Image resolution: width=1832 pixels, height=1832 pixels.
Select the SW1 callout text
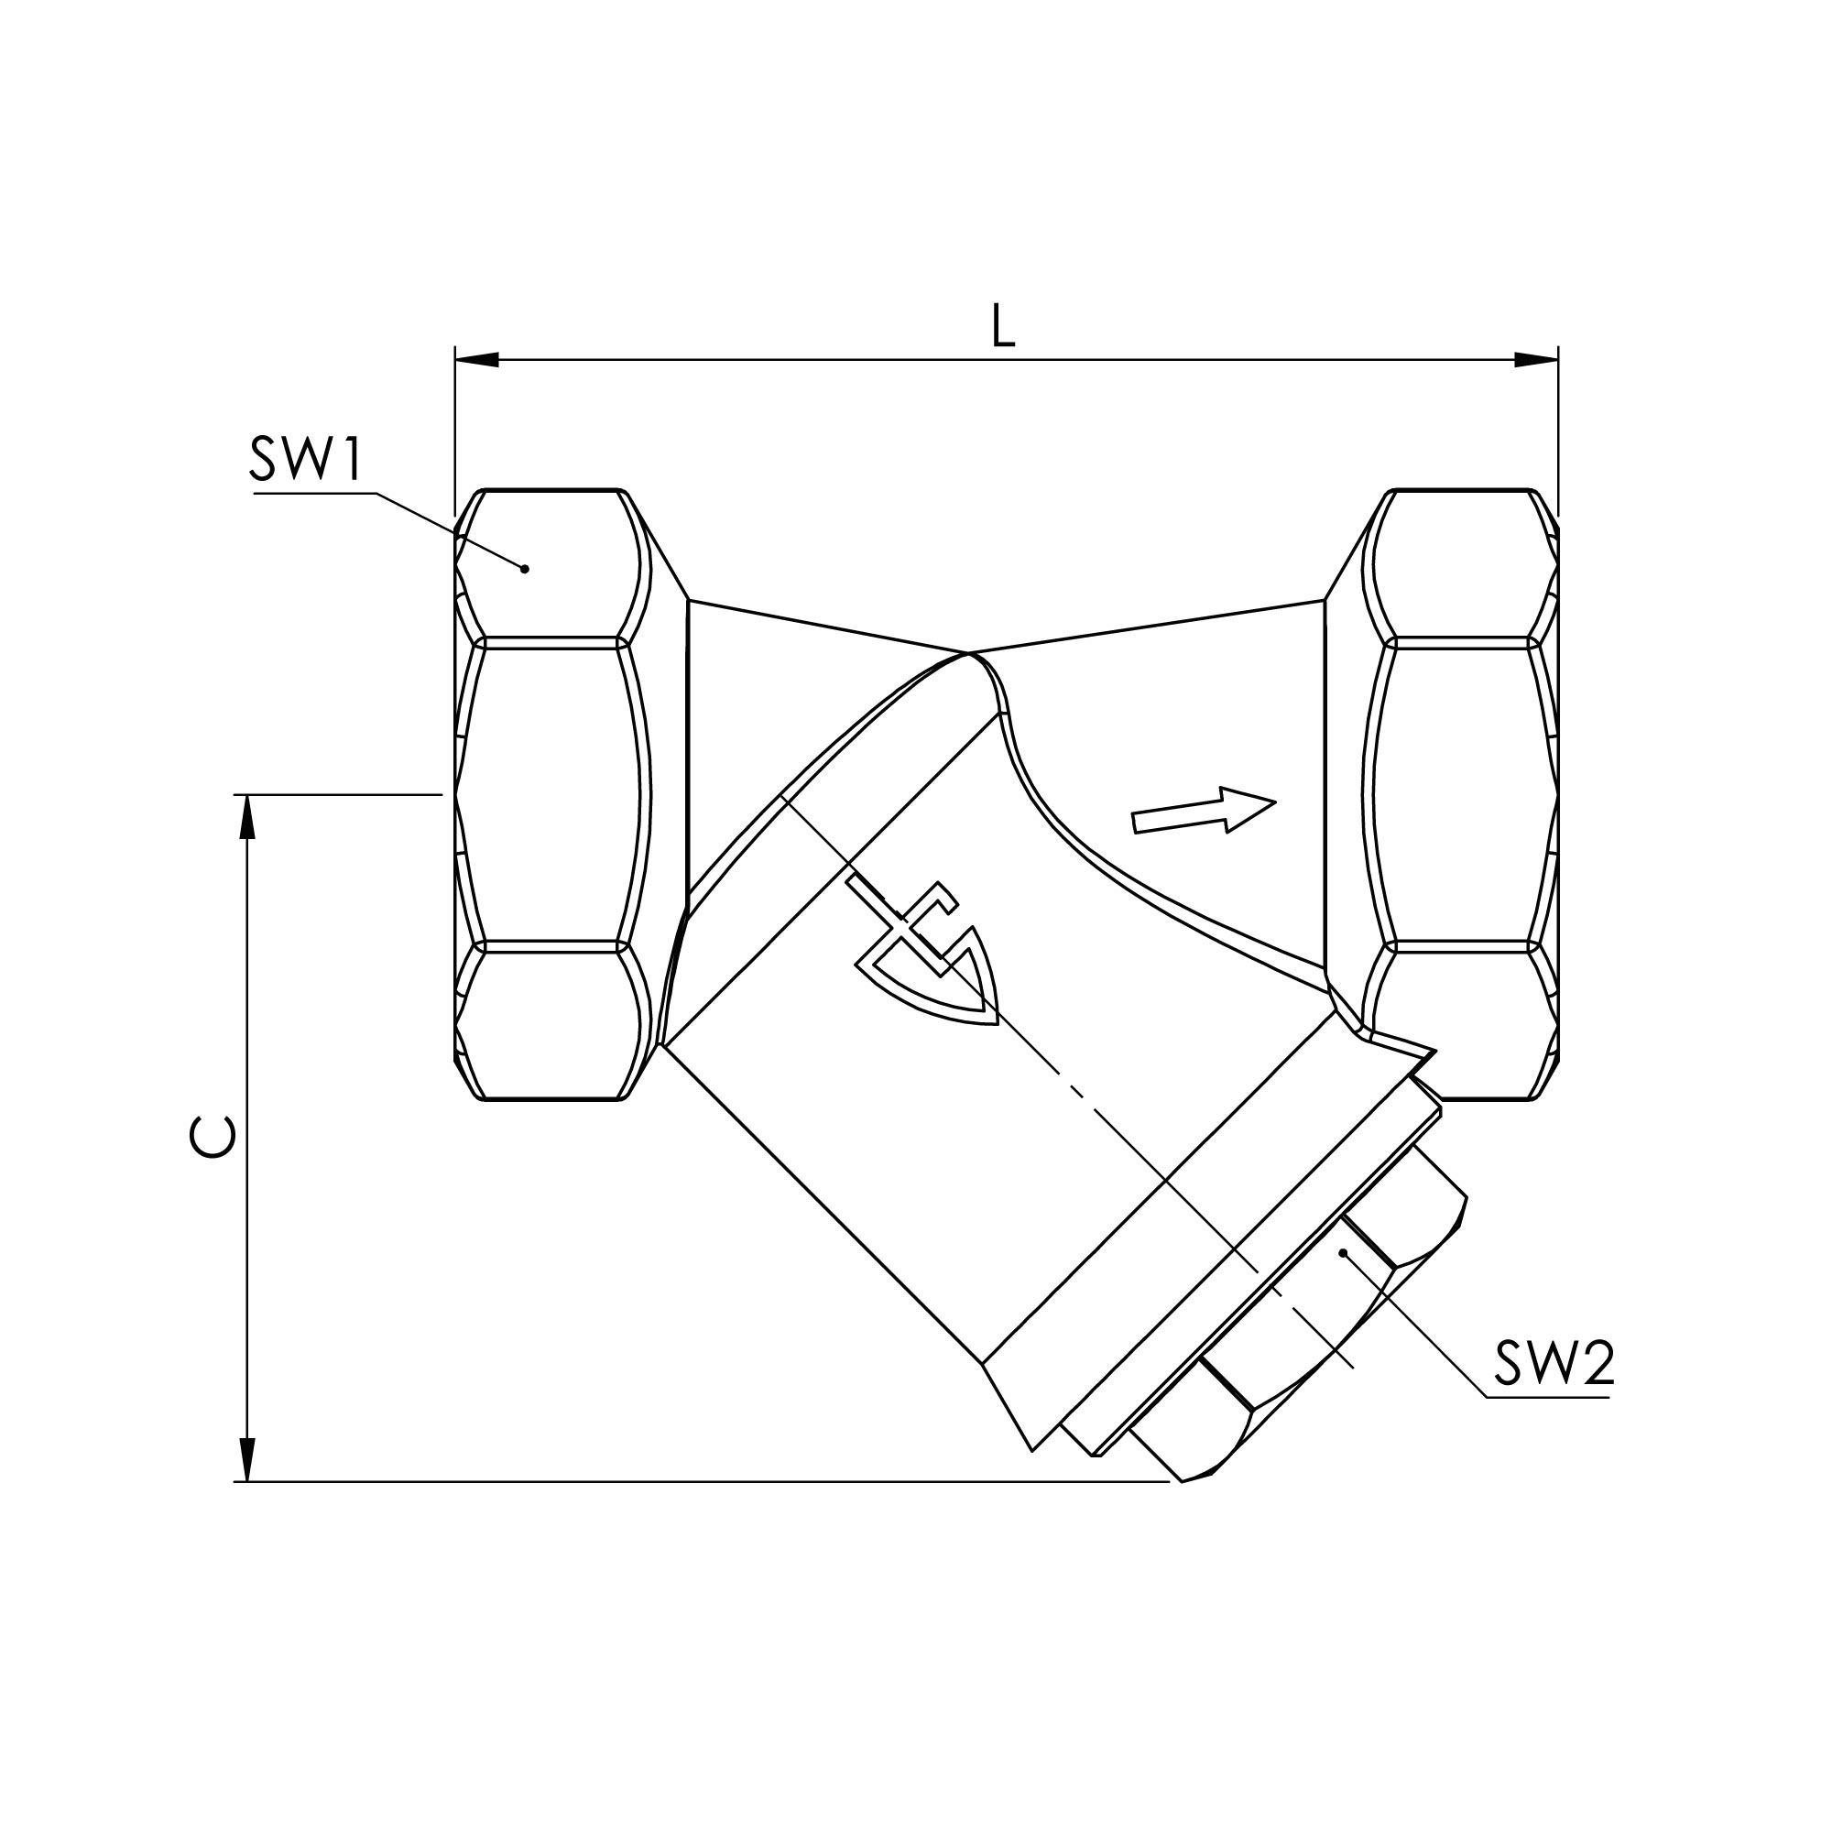(305, 460)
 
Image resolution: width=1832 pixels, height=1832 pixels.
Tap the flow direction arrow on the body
(1204, 811)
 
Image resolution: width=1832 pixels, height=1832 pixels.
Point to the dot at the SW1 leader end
(524, 569)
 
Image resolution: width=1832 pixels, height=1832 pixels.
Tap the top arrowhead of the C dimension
(246, 816)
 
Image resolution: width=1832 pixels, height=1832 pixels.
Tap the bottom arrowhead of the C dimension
(246, 1459)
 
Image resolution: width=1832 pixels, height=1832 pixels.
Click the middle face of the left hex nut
(550, 794)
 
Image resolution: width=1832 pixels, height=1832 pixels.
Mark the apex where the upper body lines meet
(968, 653)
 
